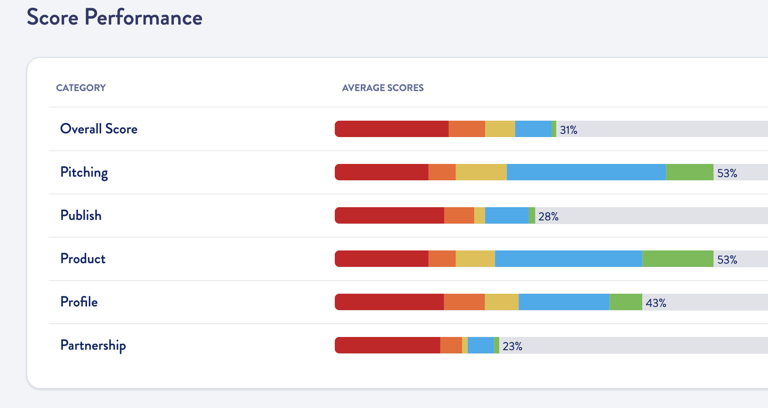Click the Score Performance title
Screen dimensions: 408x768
[114, 18]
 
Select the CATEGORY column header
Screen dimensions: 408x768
[81, 88]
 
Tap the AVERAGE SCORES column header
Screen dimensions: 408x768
[383, 88]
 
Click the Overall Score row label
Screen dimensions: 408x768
[99, 129]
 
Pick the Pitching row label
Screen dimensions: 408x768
[84, 172]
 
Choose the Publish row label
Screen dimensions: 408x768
[81, 215]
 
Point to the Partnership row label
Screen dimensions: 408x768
[93, 345]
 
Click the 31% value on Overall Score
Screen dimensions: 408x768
[568, 130]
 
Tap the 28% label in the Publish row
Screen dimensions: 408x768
[548, 217]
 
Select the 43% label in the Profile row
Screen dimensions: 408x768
[656, 303]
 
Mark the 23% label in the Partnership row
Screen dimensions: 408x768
[512, 347]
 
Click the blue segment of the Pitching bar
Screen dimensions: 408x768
[586, 172]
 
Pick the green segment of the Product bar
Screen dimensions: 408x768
[678, 259]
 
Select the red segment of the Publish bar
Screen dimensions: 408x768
[389, 215]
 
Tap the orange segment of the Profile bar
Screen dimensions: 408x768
[464, 302]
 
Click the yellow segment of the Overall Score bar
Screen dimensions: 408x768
[500, 129]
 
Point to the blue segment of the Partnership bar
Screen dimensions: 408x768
[481, 345]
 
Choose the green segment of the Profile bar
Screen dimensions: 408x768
[626, 302]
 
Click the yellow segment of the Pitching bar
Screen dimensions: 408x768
[481, 172]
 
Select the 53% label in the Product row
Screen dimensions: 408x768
[727, 260]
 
